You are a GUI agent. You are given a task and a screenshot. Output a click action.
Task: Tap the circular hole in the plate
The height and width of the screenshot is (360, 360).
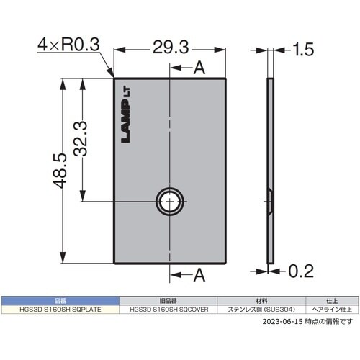(171, 202)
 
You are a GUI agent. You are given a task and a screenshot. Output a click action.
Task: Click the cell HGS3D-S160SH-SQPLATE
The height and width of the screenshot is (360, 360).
(60, 310)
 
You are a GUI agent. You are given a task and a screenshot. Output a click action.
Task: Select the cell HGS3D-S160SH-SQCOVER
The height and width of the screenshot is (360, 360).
(168, 310)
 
